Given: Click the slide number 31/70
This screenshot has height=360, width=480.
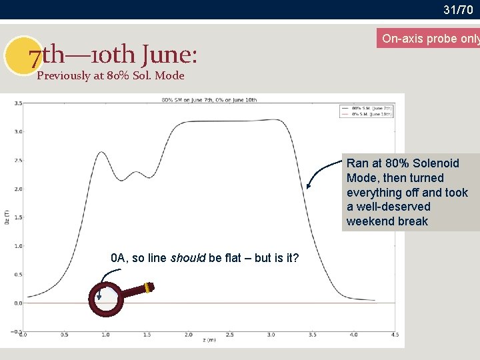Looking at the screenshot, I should coord(458,9).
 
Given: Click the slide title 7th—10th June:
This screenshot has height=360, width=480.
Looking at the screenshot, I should coord(113,56).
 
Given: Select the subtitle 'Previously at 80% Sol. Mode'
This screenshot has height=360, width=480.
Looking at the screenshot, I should coord(111,75).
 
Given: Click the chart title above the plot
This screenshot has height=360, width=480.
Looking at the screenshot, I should coord(209,100).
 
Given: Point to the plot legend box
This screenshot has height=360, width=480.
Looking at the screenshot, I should coord(367,111).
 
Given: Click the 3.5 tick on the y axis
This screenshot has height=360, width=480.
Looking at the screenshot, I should coord(18,103).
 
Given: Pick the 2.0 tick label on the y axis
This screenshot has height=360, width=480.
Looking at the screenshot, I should coord(18,189).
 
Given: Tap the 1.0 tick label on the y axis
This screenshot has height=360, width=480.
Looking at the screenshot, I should coord(18,246).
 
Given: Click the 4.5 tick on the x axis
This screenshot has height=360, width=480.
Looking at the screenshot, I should coord(395,335).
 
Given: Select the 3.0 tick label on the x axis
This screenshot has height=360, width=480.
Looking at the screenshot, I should coord(271,335).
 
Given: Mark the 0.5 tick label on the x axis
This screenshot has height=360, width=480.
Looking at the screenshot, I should coord(64,335).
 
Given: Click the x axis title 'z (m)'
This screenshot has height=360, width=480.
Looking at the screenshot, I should coord(209,340).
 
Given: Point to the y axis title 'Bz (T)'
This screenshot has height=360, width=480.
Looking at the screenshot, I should coord(7,217).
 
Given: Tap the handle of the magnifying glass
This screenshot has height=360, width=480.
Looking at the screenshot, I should coord(139,290).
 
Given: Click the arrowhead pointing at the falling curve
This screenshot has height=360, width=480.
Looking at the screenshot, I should coord(309,187).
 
